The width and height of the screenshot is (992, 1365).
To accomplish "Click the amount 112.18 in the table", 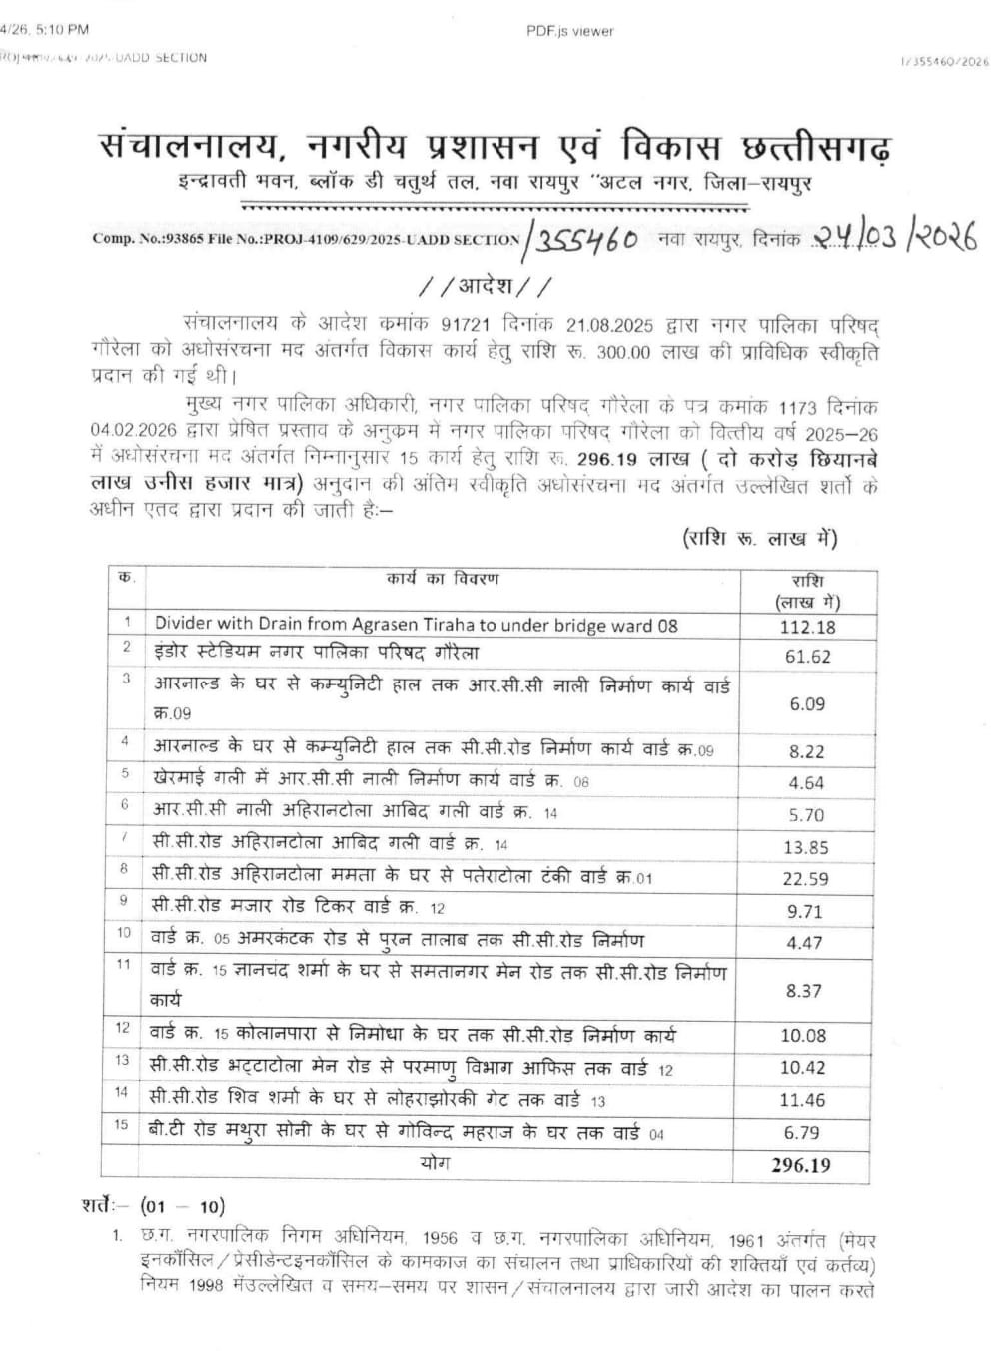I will click(x=807, y=627).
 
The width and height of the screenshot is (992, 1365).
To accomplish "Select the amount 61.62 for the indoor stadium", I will click(x=807, y=656).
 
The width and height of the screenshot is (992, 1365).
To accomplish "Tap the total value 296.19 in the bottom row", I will click(x=800, y=1164).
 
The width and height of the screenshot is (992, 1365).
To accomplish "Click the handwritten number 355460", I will click(x=585, y=241).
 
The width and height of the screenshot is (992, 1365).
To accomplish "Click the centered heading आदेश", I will click(x=485, y=287).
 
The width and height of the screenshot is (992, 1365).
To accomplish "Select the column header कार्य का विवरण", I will click(x=443, y=579).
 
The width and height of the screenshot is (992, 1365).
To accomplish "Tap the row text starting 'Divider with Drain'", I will click(x=416, y=625).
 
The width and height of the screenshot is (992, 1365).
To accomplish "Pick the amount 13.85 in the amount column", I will click(x=805, y=847).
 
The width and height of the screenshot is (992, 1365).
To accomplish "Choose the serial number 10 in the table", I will click(x=124, y=933).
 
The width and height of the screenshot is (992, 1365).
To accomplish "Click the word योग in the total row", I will click(x=436, y=1162).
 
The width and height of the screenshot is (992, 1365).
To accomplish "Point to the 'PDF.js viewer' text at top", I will click(x=569, y=31).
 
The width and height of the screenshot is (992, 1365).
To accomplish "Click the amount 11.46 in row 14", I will click(x=803, y=1100).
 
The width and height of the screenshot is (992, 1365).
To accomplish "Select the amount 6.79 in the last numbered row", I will click(x=803, y=1132).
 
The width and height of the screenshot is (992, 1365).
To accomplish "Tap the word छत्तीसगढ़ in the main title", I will click(x=811, y=147).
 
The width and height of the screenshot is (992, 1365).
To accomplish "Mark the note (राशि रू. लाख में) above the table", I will click(x=760, y=539).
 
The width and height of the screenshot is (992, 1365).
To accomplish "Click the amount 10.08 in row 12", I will click(x=803, y=1035).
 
